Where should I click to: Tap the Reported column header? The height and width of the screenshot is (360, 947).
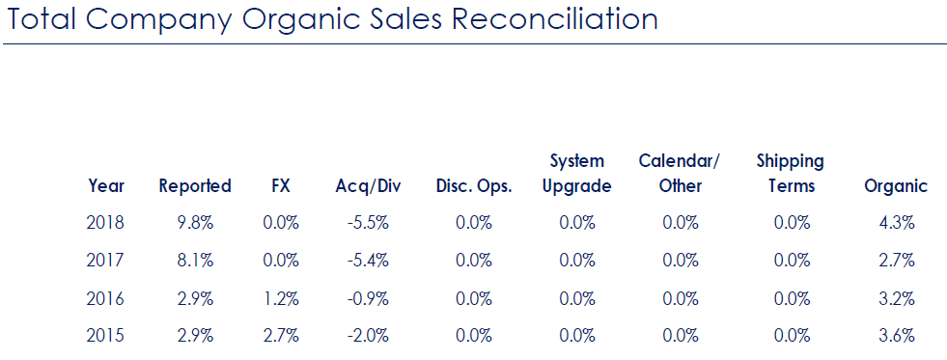[195, 186]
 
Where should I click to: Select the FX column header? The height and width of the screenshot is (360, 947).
[281, 186]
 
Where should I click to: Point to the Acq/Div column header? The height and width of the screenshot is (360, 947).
[370, 186]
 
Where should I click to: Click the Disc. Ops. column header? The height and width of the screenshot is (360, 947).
[474, 186]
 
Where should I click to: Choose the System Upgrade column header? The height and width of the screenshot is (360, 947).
[576, 174]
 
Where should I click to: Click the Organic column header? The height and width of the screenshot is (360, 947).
[896, 186]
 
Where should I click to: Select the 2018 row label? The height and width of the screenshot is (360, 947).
[105, 223]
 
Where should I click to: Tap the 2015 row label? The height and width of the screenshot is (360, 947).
[105, 336]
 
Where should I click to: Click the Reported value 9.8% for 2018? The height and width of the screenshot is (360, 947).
[195, 223]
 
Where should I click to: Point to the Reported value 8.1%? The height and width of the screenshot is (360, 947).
[195, 261]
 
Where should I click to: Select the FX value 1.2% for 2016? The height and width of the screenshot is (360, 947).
[281, 298]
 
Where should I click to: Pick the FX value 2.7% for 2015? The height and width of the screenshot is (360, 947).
[281, 336]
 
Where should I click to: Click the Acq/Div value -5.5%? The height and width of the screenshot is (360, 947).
[369, 223]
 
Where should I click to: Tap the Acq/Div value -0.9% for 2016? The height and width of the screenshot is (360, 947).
[369, 298]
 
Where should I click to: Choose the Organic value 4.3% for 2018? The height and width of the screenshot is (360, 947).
[897, 223]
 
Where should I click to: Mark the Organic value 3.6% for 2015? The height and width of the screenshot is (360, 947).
[897, 336]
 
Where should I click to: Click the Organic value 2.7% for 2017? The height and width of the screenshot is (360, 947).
[897, 261]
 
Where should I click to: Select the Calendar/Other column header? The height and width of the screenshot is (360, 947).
[680, 174]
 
